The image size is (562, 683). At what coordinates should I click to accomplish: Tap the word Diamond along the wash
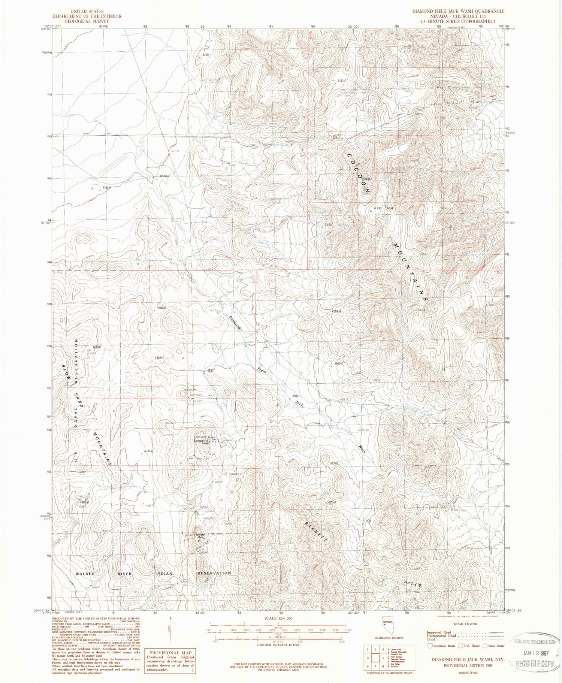235,323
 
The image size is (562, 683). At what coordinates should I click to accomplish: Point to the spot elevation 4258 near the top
205,55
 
